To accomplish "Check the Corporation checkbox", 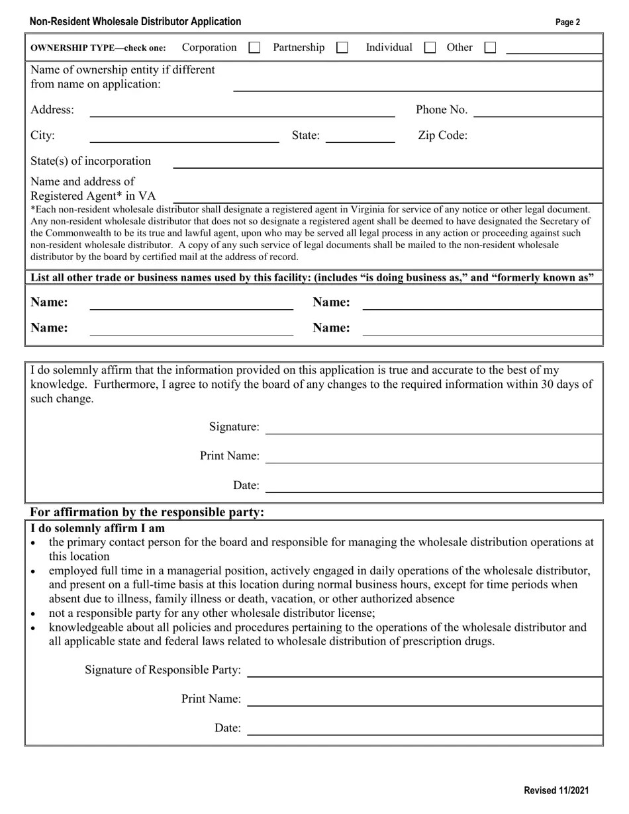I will (x=254, y=48).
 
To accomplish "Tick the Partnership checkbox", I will (x=342, y=48).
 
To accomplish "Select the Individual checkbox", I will (x=430, y=48).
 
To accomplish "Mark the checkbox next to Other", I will (x=490, y=48).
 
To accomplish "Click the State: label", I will (x=305, y=136).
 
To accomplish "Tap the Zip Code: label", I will (x=442, y=136).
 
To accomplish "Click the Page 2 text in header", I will (x=567, y=23).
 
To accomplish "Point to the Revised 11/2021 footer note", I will (x=556, y=790).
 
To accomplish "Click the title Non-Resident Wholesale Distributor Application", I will (x=135, y=22).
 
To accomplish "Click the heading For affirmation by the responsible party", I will (x=147, y=512).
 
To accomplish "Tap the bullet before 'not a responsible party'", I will (x=34, y=614).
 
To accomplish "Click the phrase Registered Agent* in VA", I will (x=93, y=196).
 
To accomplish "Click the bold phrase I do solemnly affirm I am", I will (x=97, y=528).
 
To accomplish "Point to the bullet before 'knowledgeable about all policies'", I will (x=34, y=628).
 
